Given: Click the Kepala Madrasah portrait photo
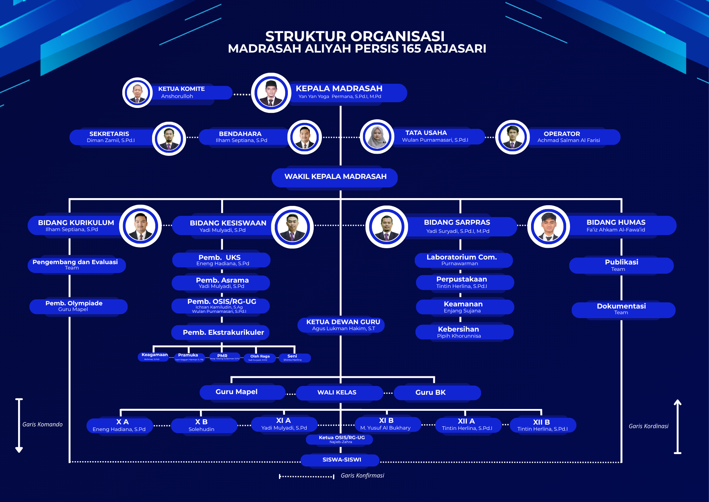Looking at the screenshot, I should click(x=271, y=93).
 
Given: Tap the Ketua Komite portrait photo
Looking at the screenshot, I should click(x=138, y=93).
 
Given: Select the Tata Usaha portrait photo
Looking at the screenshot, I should click(x=377, y=137).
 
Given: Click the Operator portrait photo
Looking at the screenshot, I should click(x=512, y=137).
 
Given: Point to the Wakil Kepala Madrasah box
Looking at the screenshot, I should click(x=335, y=177).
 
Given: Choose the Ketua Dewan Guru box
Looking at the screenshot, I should click(x=341, y=325).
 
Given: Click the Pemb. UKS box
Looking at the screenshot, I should click(x=221, y=260).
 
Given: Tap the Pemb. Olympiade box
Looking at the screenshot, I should click(x=78, y=306).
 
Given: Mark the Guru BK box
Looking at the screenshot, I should click(x=437, y=393).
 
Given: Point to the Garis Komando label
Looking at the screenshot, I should click(x=43, y=424).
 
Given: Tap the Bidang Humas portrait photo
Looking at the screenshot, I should click(x=548, y=227).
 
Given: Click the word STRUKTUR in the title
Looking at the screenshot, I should click(x=305, y=36).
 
